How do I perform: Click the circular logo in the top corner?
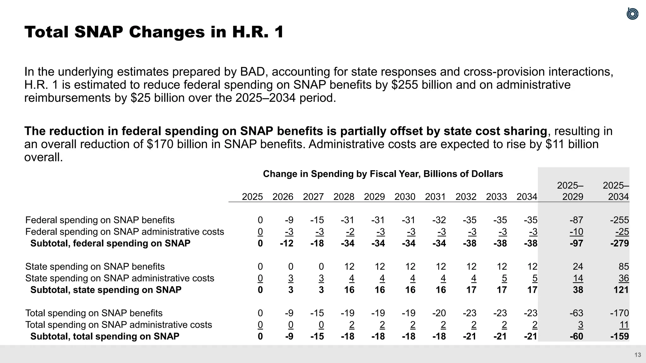pos(632,14)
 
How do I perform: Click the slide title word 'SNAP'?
pos(98,32)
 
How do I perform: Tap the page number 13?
pos(637,355)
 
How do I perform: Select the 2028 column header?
pos(344,197)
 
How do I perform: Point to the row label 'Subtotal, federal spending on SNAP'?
pos(110,243)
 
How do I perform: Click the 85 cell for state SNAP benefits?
pos(624,267)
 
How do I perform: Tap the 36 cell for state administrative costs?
pos(624,278)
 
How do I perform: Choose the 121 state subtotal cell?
pos(621,290)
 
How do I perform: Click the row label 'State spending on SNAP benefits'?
pos(95,267)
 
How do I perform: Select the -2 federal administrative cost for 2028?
pos(350,232)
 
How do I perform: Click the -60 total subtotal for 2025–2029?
pos(576,337)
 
